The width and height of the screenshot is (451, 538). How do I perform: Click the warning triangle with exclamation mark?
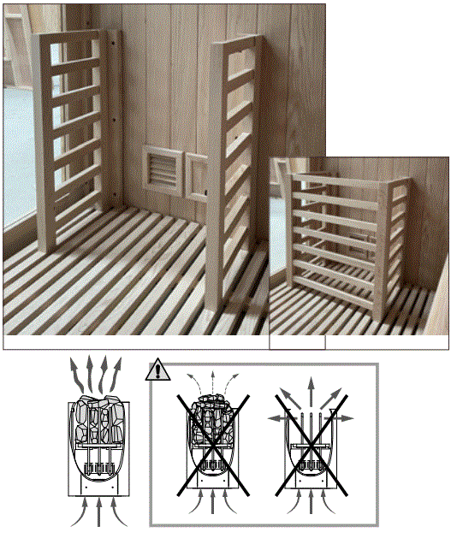(157, 371)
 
